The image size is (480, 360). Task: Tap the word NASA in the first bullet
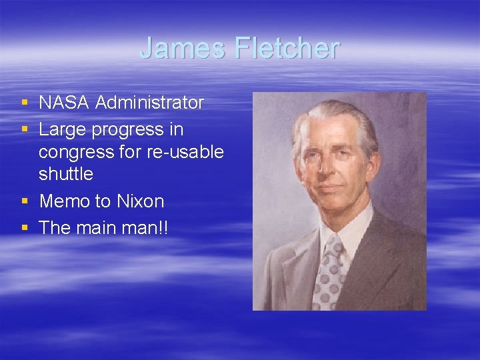tap(64, 103)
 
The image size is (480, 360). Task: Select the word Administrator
tap(149, 103)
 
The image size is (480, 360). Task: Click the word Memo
tap(65, 201)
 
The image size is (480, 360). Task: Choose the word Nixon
tap(141, 201)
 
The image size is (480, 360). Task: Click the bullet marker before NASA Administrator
tap(25, 103)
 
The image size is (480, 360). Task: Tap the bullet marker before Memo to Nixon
tap(25, 201)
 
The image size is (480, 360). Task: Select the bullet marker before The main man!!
tap(25, 228)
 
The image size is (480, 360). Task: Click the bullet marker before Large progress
tap(25, 129)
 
